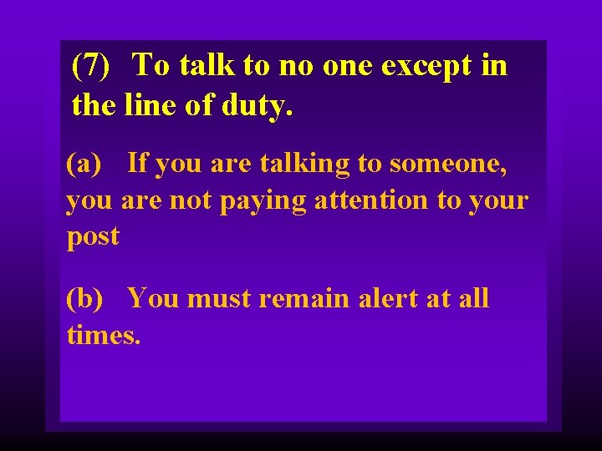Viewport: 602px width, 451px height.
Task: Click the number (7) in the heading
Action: click(91, 64)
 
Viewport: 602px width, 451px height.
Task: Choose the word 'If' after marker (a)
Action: click(138, 164)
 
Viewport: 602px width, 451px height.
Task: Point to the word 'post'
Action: click(93, 237)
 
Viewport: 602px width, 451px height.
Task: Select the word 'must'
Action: click(219, 298)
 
